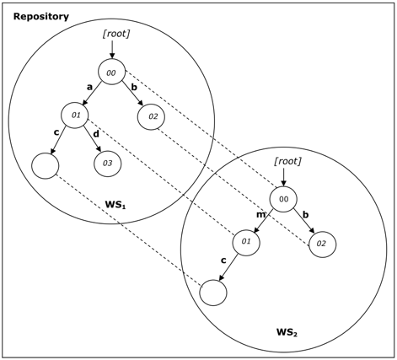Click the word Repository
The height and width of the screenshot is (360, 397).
point(41,17)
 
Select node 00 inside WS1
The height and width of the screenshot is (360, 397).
point(111,73)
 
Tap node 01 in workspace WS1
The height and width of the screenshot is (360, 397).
point(75,116)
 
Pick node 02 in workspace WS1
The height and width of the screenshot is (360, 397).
point(151,116)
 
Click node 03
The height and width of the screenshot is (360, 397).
point(108,164)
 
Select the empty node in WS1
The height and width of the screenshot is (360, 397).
point(46,166)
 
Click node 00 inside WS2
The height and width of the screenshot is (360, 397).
point(283,199)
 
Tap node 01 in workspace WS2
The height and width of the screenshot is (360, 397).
point(246,242)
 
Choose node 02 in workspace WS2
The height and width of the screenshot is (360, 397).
point(323,244)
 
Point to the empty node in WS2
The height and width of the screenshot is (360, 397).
point(213,293)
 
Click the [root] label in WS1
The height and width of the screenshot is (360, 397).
point(116,34)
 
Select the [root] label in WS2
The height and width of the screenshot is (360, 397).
point(287,161)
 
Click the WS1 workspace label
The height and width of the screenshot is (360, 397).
point(115,205)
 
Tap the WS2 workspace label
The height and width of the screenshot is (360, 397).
point(287,332)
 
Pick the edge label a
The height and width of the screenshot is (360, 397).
point(89,87)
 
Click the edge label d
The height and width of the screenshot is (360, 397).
point(96,134)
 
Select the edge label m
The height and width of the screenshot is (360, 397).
point(260,215)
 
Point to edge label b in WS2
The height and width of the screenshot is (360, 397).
point(306,214)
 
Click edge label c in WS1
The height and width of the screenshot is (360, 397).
point(56,132)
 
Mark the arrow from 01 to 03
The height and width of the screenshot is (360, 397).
point(93,138)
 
